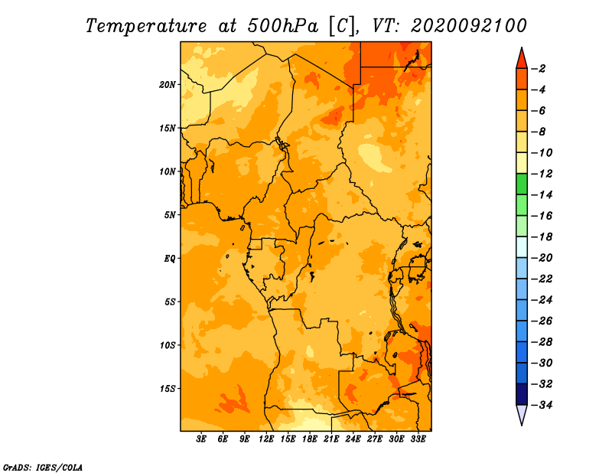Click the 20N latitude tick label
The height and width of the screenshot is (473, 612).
167,85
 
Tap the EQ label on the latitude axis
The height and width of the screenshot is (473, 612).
169,259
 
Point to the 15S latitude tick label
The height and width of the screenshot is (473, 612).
168,389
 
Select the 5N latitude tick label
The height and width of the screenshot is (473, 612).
170,215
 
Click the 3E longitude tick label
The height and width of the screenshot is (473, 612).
201,439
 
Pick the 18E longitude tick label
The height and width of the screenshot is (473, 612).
310,439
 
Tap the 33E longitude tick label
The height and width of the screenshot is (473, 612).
418,439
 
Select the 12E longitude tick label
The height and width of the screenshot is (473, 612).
266,439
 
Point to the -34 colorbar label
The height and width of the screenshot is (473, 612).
542,405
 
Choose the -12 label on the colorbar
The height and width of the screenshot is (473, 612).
542,174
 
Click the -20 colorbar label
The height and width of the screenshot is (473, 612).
542,258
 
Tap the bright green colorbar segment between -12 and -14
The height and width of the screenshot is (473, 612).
522,184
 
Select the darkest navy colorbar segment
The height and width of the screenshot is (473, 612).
522,394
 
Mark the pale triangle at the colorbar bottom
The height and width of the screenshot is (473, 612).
522,413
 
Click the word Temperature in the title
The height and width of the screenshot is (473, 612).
146,26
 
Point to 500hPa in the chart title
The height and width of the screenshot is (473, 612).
283,26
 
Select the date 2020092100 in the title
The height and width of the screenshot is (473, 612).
469,26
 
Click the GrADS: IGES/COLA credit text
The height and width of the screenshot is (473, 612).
43,467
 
